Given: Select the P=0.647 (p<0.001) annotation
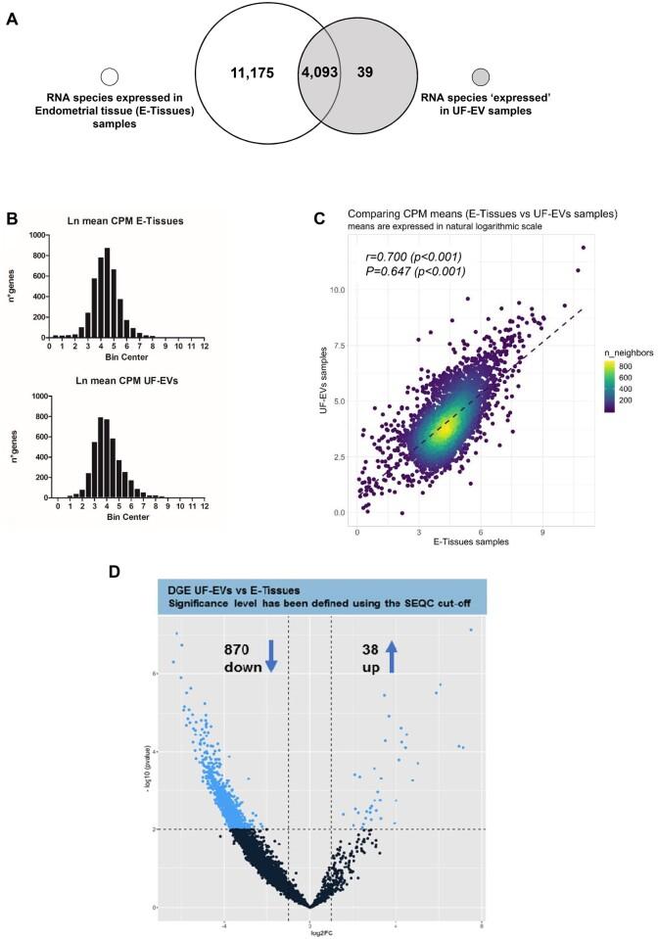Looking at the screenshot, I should (x=416, y=271).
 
